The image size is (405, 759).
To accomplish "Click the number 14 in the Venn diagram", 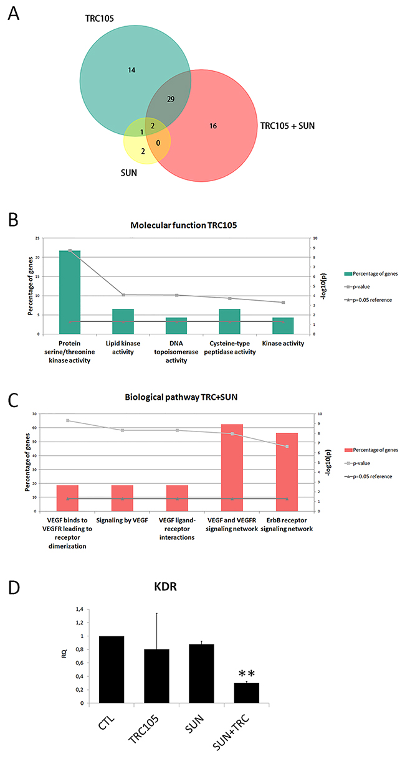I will pos(131,70).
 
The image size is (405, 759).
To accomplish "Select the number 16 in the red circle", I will pos(212,126).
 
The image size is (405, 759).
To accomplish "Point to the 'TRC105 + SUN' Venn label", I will pos(290,126).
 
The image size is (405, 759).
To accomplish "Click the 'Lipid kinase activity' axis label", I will pos(123,347).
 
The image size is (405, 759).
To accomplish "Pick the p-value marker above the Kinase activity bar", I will pos(283,303).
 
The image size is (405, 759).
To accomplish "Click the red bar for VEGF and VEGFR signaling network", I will pos(232,468).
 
